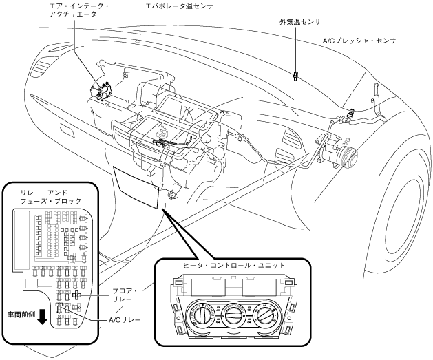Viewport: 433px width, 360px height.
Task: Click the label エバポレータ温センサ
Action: pos(179,6)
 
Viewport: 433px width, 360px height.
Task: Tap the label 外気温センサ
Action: pos(300,22)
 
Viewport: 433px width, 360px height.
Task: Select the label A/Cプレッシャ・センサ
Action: pos(359,41)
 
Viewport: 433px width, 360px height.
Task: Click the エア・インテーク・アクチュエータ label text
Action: pos(78,10)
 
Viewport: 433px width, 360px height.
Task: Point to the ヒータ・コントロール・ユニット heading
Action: pos(233,266)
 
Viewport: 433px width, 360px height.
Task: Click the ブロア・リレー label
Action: pos(125,295)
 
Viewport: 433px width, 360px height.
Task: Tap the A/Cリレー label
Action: pos(125,320)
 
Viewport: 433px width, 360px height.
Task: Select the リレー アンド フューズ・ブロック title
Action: pos(51,197)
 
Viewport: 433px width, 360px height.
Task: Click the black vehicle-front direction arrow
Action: pos(42,317)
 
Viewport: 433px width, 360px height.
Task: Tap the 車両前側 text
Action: pos(21,315)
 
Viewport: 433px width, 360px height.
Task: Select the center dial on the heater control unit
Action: pos(233,315)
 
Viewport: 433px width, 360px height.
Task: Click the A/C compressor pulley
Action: pos(348,156)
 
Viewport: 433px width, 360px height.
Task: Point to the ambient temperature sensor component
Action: pos(295,76)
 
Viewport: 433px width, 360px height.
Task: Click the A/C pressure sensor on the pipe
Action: pos(351,114)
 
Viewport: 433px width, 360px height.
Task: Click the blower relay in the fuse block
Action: pos(76,295)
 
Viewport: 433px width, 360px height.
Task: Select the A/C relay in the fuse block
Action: pos(59,304)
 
